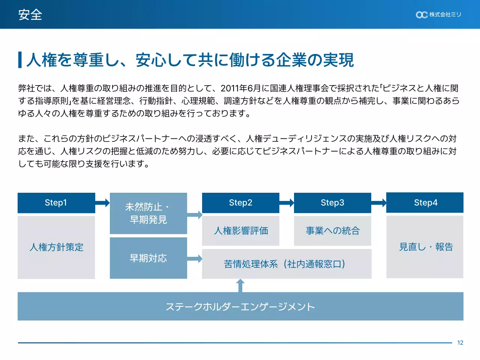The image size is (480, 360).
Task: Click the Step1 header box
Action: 56,203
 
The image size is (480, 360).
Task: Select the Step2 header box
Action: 240,203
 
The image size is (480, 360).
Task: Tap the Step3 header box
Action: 332,203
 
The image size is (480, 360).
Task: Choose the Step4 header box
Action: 425,202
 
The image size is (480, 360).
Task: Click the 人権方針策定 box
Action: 56,247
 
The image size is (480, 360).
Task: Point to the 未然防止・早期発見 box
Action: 148,213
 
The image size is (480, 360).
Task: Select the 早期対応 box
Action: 148,258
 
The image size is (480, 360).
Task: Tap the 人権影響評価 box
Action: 240,231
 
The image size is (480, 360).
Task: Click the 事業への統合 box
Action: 332,231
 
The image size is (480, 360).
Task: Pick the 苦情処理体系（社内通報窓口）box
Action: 286,264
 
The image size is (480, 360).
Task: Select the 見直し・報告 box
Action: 425,247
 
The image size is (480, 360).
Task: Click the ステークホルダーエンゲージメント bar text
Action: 240,307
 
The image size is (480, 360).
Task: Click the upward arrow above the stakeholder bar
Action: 240,286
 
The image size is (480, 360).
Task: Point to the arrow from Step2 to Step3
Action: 287,203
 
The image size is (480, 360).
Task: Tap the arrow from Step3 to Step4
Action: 379,203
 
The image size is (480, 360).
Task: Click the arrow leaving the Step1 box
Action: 102,203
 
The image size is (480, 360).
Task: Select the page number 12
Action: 460,343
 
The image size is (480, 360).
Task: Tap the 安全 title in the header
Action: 30,15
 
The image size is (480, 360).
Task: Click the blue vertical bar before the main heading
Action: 20,60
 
